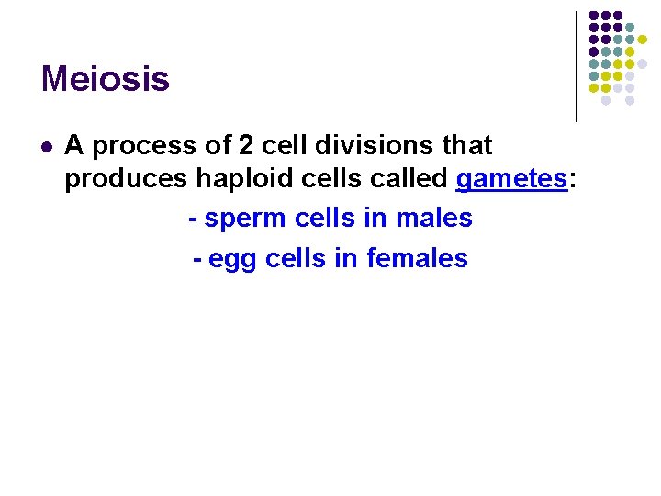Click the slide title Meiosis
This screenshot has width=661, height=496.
tap(105, 79)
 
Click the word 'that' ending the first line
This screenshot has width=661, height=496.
tap(466, 145)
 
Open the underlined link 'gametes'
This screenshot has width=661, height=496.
tap(511, 179)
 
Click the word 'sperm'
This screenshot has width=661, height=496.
tap(245, 219)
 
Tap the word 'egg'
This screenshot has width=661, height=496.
tap(233, 259)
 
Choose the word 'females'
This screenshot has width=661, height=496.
tap(417, 259)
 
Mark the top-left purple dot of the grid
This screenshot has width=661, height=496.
tap(594, 16)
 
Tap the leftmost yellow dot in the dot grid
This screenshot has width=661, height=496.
tap(594, 88)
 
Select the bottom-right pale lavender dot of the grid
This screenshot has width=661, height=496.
tap(630, 100)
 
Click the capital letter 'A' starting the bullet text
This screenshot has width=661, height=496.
tap(74, 145)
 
